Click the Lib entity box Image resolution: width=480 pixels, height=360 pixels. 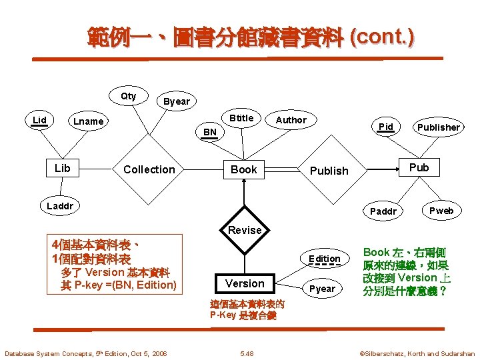[62, 168]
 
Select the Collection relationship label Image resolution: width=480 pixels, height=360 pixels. [149, 169]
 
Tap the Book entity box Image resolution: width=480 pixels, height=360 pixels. [244, 169]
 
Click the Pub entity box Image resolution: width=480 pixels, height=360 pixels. [419, 167]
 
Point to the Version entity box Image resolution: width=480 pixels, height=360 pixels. [245, 283]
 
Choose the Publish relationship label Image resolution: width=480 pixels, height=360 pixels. [329, 170]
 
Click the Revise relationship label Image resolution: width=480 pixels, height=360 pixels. [245, 230]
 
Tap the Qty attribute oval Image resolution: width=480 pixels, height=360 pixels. [129, 96]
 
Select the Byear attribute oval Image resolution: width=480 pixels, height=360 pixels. [177, 101]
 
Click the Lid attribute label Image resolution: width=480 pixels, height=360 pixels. [40, 120]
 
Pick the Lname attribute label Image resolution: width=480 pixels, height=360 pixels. [88, 121]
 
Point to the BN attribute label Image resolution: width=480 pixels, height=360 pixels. [210, 132]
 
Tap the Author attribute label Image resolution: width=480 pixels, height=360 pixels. [291, 120]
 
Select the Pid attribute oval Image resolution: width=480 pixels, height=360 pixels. [385, 127]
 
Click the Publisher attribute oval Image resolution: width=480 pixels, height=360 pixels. [438, 127]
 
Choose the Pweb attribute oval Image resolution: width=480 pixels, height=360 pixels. [441, 211]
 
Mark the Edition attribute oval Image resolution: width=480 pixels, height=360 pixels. [325, 259]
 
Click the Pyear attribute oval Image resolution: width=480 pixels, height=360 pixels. [323, 289]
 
